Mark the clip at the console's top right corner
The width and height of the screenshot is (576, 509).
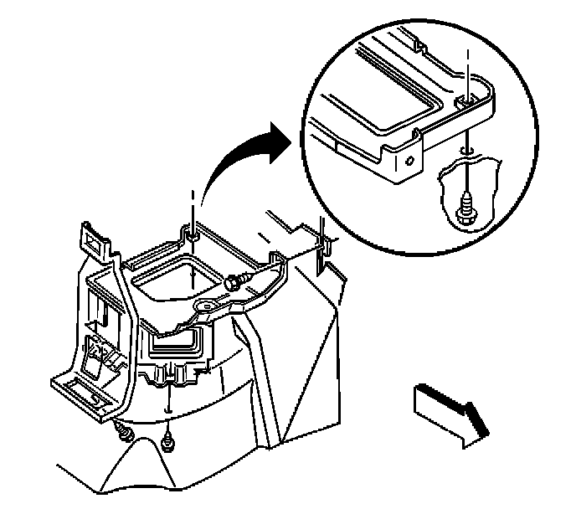322,243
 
